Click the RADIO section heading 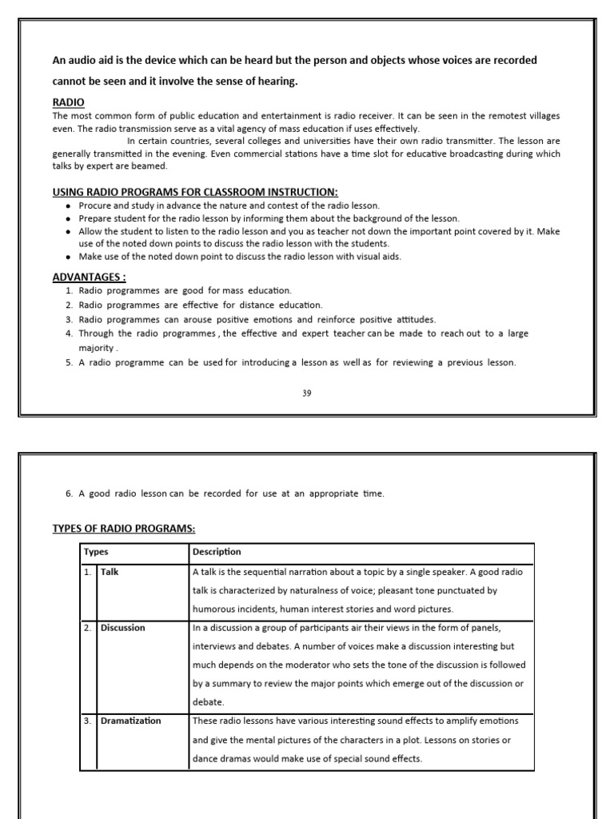[x=68, y=102]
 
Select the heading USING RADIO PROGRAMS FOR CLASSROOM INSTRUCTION [x=195, y=192]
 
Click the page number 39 [x=307, y=393]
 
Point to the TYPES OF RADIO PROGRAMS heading [x=124, y=529]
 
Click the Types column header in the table [x=97, y=552]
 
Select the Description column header [x=217, y=552]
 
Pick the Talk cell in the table [x=110, y=572]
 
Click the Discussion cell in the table [x=123, y=628]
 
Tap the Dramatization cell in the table [x=130, y=721]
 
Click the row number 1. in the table [x=87, y=572]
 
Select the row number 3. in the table [x=87, y=721]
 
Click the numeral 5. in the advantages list [x=70, y=362]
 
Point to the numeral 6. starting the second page [x=70, y=493]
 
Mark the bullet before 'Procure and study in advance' [x=70, y=206]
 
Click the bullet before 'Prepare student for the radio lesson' [x=70, y=219]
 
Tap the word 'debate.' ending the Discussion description [x=207, y=701]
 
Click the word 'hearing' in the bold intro [x=276, y=81]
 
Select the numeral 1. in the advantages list [x=70, y=290]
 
